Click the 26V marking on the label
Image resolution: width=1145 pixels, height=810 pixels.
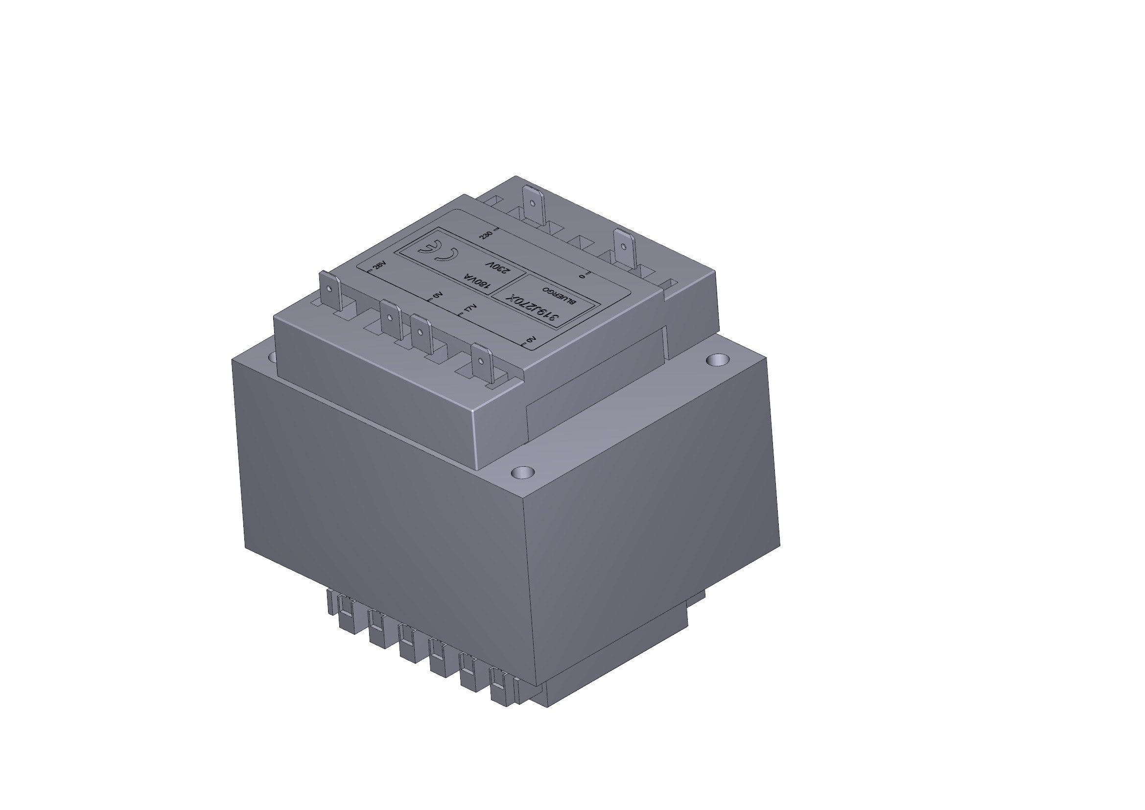[379, 265]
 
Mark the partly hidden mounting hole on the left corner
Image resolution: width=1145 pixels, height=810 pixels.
[272, 357]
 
